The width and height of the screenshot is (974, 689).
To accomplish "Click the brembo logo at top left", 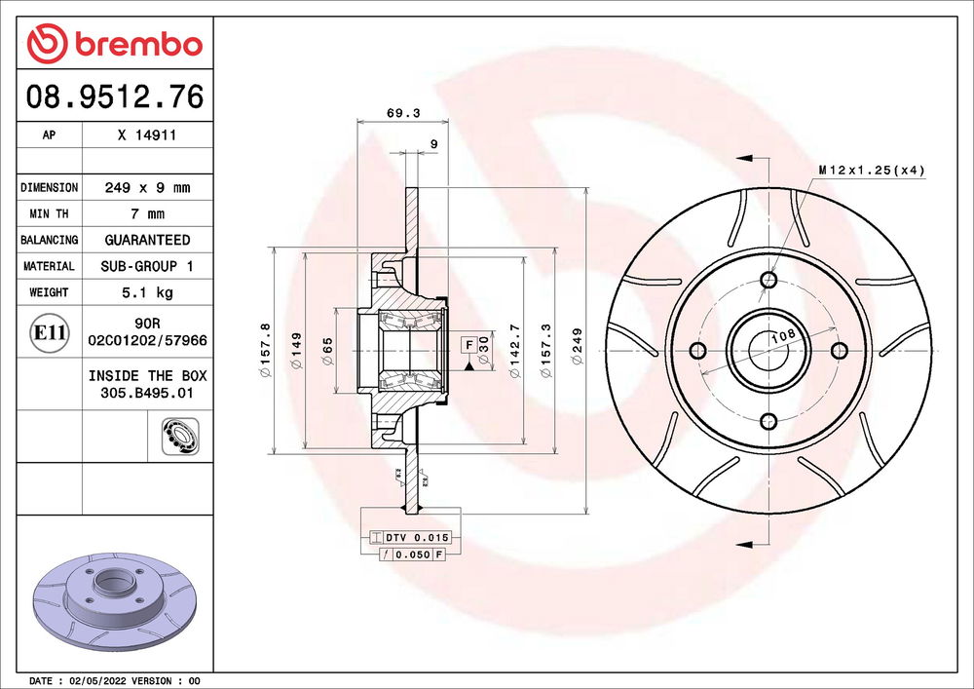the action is pos(115,44).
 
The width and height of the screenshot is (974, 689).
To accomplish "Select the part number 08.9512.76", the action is pos(115,96).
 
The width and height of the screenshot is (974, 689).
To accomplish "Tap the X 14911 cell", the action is pos(147,134).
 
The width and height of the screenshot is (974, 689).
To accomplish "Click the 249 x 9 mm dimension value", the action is pos(147,188).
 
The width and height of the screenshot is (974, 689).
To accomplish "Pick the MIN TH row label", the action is pos(49,213).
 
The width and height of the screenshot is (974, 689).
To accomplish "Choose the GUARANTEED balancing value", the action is pos(147,240).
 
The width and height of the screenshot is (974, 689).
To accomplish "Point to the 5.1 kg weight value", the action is pos(147,292).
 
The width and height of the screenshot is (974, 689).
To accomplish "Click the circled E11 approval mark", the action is pos(49,332).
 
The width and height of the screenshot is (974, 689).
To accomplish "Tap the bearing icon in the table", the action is pos(180,437).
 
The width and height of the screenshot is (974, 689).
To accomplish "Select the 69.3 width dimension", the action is pos(403,113).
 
